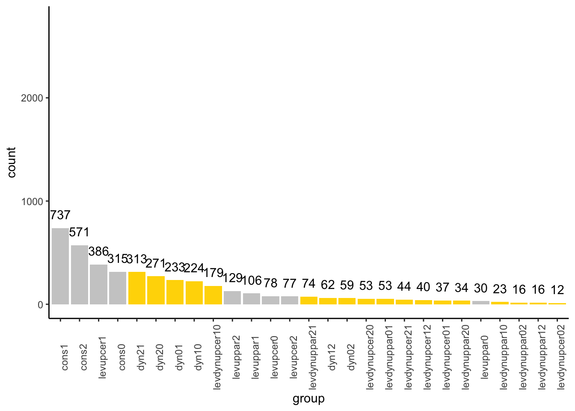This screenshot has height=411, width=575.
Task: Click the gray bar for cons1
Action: pos(60,266)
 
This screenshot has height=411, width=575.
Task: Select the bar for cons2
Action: pos(80,274)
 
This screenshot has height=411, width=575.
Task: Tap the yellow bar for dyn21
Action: pos(137,288)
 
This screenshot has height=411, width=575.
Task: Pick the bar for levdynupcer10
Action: pos(213,295)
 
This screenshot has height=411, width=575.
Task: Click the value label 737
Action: pos(60,215)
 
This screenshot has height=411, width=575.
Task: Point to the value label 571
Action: pos(80,232)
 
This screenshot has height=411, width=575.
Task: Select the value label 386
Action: pos(98,251)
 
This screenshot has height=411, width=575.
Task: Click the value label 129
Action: pos(232,278)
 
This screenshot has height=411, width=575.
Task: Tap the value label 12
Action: pos(557,290)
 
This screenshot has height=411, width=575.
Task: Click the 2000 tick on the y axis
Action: pos(32,98)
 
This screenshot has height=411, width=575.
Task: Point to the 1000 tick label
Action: pos(32,201)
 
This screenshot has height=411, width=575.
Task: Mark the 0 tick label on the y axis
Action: pos(41,304)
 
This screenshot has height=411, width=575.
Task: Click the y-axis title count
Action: pos(12,162)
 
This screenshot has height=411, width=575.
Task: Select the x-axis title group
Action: pos(308,399)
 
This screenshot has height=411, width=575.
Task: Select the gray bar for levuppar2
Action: pos(232,298)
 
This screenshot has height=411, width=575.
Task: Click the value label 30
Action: pos(481,289)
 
